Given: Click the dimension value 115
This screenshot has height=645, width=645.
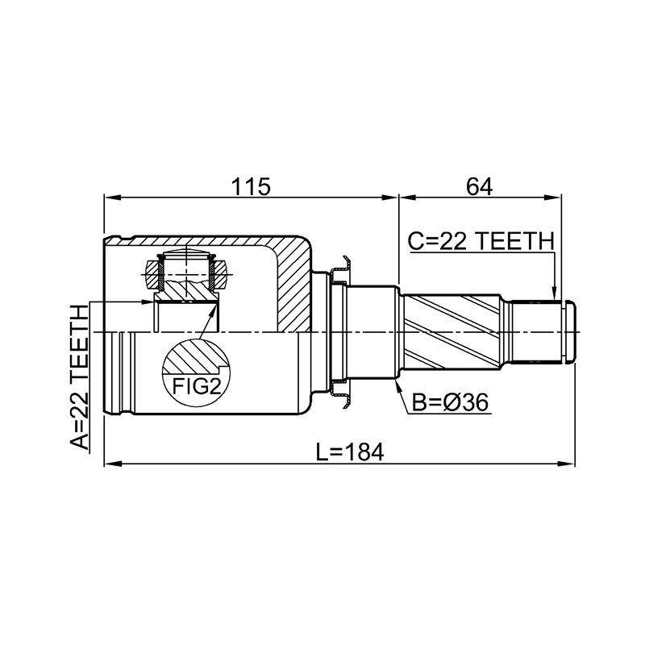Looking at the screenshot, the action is click(251, 187).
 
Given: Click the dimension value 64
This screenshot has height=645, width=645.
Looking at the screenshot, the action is click(479, 187).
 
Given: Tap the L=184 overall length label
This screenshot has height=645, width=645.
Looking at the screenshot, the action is click(350, 452).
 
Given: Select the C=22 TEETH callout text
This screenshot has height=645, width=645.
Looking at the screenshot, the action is click(481, 241).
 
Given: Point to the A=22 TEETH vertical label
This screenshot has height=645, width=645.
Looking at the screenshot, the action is click(79, 377).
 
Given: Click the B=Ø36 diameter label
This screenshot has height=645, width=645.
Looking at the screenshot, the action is click(450, 402).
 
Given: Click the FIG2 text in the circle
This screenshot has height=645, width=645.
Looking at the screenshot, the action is click(197, 386).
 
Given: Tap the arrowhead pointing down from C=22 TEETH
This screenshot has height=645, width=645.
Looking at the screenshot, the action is click(555, 295).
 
